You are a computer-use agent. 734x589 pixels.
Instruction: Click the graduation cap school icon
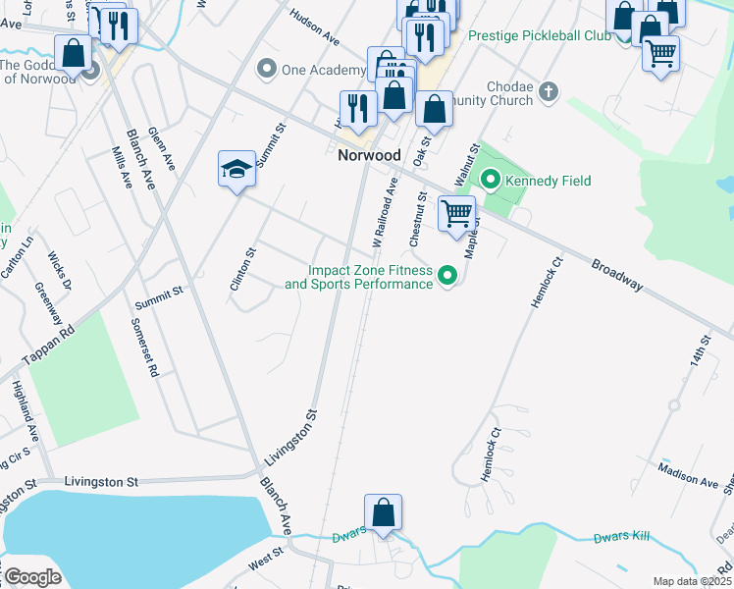tap(236, 170)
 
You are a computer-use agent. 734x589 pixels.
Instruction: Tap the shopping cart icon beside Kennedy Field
tap(456, 214)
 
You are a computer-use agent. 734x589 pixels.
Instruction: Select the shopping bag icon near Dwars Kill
tap(383, 512)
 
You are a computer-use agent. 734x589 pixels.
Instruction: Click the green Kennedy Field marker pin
tap(490, 180)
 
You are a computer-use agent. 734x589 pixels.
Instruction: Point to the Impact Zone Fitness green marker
tap(448, 276)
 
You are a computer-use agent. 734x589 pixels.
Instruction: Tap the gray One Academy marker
tap(265, 68)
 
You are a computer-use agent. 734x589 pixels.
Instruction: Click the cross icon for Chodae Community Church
tap(549, 91)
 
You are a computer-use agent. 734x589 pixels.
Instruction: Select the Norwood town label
tap(369, 155)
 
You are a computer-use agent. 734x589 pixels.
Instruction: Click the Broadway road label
tap(617, 275)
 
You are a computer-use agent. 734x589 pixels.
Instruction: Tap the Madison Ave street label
tap(688, 475)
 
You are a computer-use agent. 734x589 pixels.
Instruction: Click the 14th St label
tap(700, 351)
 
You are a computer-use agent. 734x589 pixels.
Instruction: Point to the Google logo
tap(33, 577)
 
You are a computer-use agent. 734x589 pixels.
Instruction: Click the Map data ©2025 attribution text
tap(691, 581)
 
